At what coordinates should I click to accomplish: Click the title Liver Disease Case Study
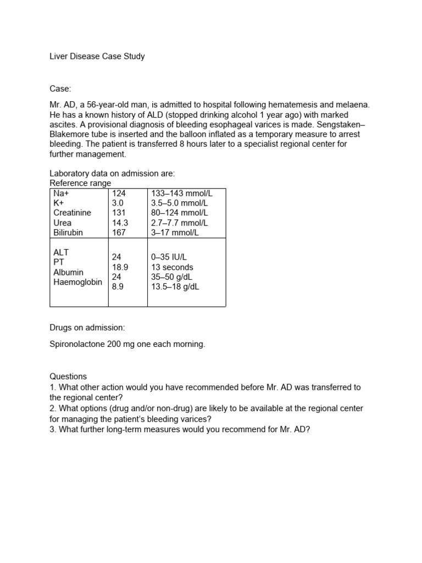97,56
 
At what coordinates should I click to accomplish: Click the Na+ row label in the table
62,193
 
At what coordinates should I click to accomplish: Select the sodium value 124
119,193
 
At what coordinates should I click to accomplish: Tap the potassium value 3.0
117,203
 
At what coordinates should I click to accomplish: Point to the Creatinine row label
73,213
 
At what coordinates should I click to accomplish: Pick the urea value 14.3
120,223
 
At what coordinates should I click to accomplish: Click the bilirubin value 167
119,233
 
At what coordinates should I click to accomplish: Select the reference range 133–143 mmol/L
182,193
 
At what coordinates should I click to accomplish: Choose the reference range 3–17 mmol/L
175,233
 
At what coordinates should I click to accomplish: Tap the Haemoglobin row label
78,282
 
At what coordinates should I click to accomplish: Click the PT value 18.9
120,267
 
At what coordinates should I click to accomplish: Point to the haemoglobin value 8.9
118,287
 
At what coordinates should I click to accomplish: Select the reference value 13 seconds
172,267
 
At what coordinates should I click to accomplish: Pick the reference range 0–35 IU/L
169,257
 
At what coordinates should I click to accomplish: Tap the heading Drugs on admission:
87,328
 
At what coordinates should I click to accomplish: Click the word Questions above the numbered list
68,377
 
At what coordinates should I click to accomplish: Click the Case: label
60,89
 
